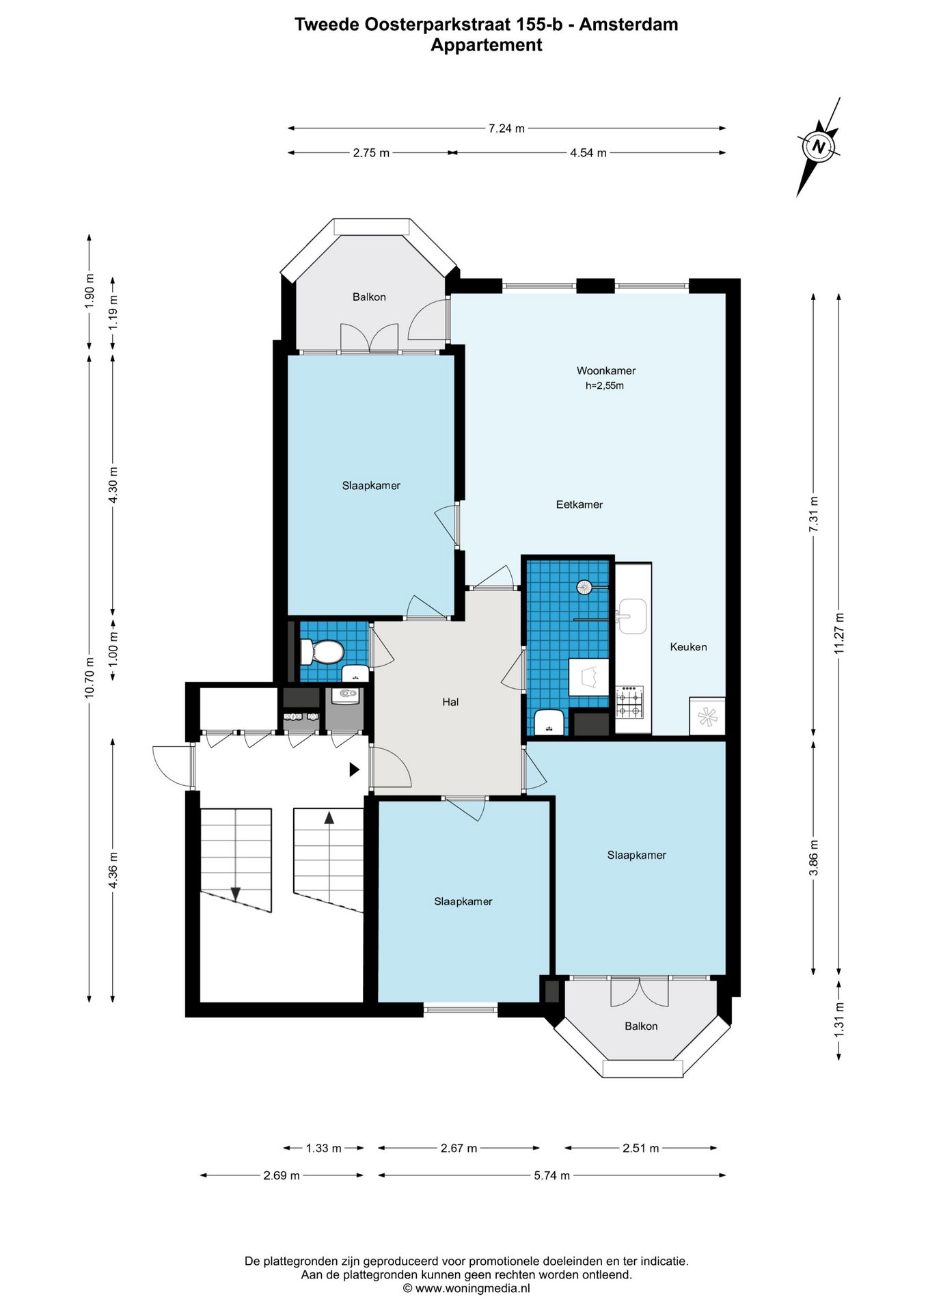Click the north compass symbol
[x=819, y=147]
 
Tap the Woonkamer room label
[x=606, y=371]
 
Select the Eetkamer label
[x=579, y=505]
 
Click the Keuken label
[x=688, y=647]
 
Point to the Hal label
[x=450, y=702]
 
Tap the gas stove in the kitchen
[x=630, y=702]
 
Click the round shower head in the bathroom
[x=585, y=587]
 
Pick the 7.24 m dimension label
[x=506, y=128]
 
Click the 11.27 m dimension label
[x=839, y=633]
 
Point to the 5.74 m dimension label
[x=551, y=1175]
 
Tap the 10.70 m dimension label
[x=89, y=677]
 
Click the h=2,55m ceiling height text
[x=605, y=386]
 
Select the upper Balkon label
[x=369, y=297]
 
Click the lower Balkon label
[x=641, y=1026]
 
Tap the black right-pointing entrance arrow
[x=355, y=769]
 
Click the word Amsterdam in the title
[x=629, y=25]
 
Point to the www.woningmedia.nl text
[x=472, y=1289]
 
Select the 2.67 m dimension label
[x=459, y=1148]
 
